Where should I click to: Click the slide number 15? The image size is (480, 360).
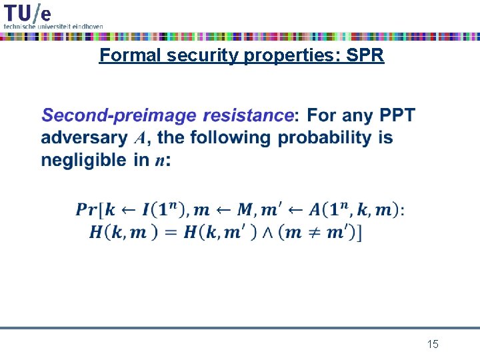point(433,344)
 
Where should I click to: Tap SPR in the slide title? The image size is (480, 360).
point(366,55)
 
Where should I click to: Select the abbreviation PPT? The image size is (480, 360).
point(397,116)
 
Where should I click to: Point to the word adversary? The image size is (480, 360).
point(84,138)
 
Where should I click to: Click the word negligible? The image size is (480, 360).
point(83,160)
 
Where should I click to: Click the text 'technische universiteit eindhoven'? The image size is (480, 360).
point(53,26)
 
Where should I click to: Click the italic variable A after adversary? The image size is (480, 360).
point(140,139)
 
